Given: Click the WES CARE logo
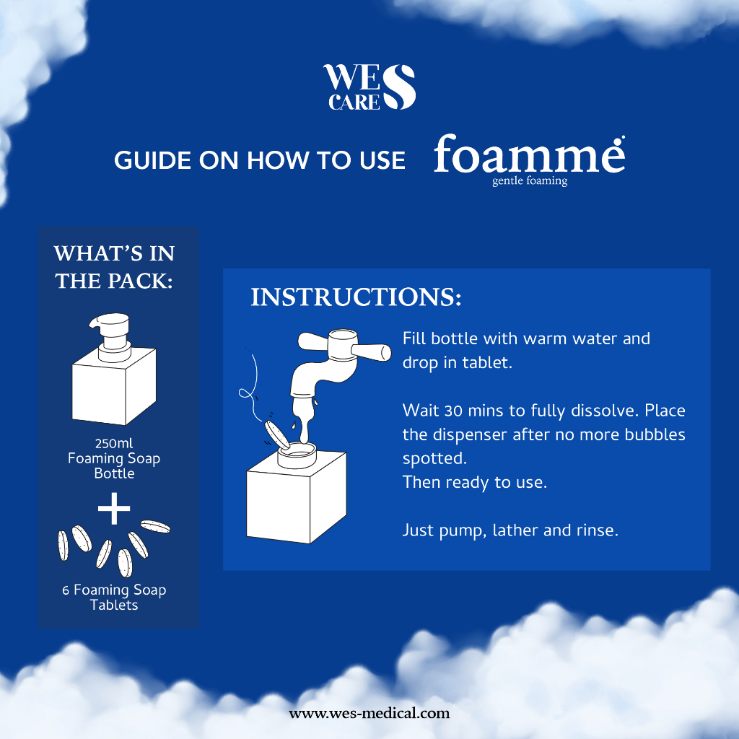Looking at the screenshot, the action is tap(369, 87).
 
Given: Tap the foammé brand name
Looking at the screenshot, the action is tap(529, 154).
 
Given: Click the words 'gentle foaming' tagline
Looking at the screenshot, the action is tap(530, 181).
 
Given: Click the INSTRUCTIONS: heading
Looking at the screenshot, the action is tap(356, 297).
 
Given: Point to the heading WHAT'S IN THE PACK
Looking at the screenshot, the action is tap(114, 267).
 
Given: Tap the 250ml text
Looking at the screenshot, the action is tap(114, 443).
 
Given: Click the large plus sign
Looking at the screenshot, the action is tap(114, 509).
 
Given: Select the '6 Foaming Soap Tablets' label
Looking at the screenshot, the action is tap(114, 597).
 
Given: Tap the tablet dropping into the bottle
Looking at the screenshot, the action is tap(277, 434).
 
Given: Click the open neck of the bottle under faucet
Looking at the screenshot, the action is tap(297, 455).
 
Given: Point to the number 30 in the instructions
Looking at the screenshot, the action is tap(453, 411).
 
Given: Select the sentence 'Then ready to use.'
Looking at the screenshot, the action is tap(475, 482).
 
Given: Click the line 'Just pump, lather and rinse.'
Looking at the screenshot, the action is tap(510, 530).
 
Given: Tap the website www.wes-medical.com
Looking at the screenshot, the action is tap(369, 713).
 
